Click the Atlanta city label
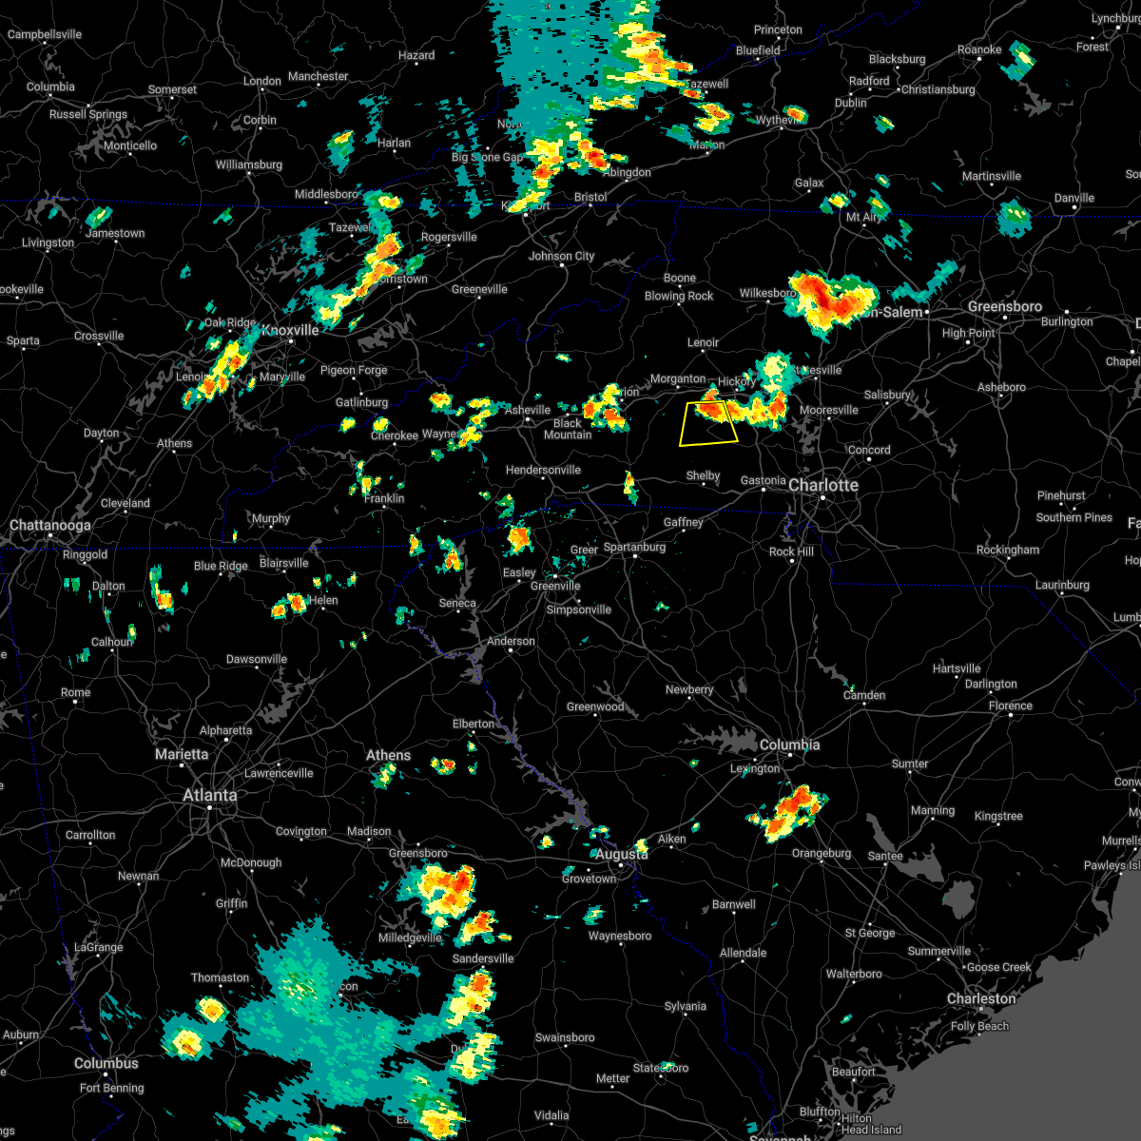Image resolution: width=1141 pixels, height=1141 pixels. coord(210,795)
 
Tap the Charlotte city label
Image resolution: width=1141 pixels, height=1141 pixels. coord(823,485)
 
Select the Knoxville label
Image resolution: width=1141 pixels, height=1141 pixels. coord(290,330)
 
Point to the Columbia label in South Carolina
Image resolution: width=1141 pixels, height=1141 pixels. coord(789,745)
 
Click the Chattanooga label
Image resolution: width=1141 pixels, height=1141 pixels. coord(50,525)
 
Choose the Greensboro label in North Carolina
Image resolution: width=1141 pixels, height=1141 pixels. coord(1004,306)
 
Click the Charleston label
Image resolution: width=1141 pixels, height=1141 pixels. coord(981,998)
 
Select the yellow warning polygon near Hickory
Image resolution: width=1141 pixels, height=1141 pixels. coord(708,424)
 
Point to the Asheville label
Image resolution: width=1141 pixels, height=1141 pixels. coord(528,410)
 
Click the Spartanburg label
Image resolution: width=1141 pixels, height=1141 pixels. coord(634,547)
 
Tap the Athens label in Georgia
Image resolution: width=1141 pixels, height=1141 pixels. coord(388,755)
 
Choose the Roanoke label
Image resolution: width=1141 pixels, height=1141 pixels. coord(979,49)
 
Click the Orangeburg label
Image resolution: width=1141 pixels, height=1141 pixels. coord(822,853)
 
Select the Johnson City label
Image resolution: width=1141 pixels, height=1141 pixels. coord(561,256)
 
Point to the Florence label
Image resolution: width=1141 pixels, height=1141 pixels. coord(1010,706)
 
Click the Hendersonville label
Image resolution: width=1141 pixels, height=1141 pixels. coord(543,470)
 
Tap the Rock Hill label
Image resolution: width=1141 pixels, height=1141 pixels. coord(791,551)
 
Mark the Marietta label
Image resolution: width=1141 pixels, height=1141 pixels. coord(182,754)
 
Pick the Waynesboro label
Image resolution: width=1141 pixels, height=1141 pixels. coord(620,936)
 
